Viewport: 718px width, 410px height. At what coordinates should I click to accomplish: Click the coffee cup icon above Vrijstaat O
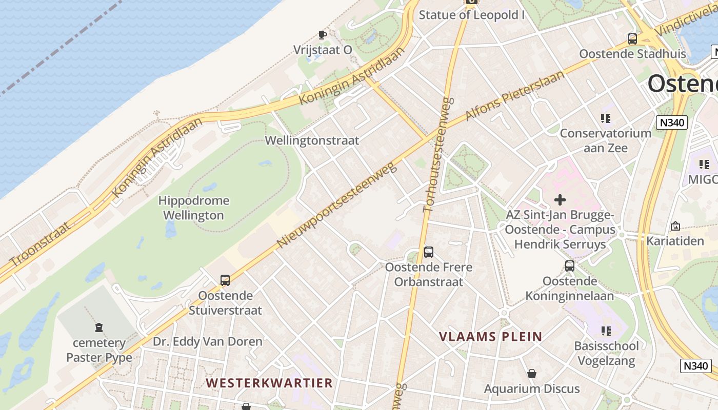(x=322, y=35)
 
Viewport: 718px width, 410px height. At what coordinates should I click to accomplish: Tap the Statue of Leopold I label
(x=471, y=14)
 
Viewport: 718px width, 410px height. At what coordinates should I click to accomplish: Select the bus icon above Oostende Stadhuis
(x=632, y=38)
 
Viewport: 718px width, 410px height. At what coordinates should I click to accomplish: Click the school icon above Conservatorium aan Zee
(x=606, y=118)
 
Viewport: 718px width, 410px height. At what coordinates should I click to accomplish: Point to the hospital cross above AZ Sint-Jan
(x=560, y=200)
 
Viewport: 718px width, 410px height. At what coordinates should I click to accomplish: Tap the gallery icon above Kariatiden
(x=675, y=225)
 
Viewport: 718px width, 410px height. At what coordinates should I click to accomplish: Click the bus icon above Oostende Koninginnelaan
(x=570, y=265)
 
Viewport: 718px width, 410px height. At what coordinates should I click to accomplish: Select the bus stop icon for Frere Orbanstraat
(x=429, y=252)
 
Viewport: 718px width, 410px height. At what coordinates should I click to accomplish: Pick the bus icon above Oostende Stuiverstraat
(x=225, y=280)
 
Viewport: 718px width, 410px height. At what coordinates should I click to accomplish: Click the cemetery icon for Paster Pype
(x=99, y=327)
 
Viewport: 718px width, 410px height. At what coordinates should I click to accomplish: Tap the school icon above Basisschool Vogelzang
(x=606, y=331)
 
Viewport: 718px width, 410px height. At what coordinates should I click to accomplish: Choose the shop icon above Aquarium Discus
(x=532, y=374)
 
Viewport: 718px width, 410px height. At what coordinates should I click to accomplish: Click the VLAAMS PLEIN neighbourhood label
(x=490, y=337)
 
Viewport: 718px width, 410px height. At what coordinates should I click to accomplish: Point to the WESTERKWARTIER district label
(x=269, y=383)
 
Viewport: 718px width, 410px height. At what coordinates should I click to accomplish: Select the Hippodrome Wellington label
(x=193, y=208)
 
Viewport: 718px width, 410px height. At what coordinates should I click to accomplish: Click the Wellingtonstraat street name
(x=312, y=140)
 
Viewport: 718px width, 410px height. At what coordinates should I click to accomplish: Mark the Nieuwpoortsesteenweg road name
(x=337, y=205)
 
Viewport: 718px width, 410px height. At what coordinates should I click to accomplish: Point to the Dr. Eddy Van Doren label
(x=207, y=341)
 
